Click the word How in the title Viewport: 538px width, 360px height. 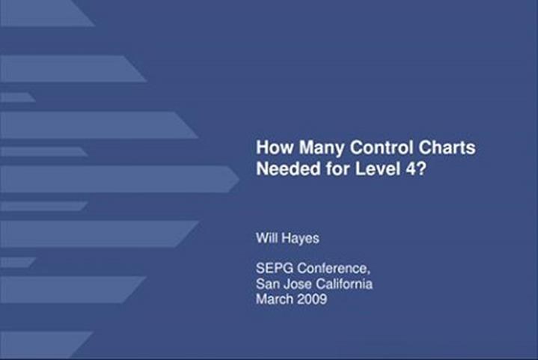pos(275,147)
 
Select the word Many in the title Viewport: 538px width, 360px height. pos(321,148)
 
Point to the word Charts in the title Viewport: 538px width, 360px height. pos(447,147)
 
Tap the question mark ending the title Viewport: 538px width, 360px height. pos(421,168)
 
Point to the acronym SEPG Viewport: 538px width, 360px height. pos(274,268)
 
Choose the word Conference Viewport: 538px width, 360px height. pos(332,268)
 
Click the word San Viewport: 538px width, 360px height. pos(266,284)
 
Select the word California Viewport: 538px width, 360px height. pos(344,284)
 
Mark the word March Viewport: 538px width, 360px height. pos(275,299)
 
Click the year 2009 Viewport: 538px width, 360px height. pos(312,299)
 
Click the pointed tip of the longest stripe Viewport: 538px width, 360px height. pos(239,179)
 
